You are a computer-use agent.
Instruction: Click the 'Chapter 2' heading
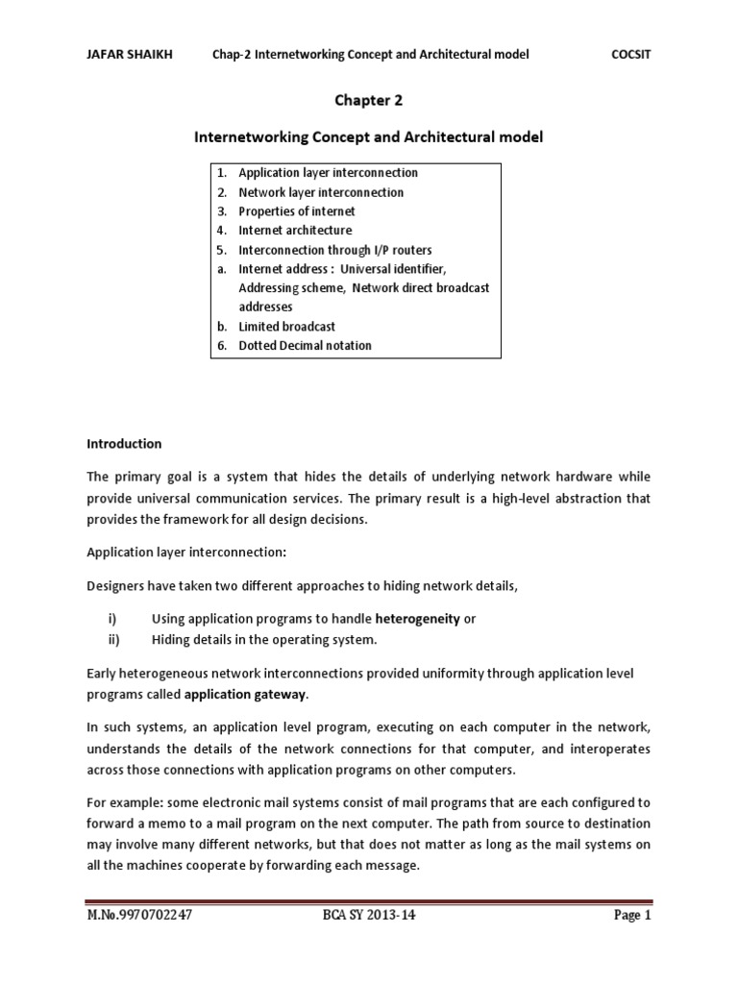pos(368,99)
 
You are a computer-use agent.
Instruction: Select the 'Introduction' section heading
pos(125,444)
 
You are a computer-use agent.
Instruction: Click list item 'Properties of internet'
pos(297,211)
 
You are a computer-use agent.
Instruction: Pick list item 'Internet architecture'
pos(295,231)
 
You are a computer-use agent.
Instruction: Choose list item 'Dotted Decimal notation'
pos(305,346)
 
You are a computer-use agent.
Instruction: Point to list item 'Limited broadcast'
pos(286,327)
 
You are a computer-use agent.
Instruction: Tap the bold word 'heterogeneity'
pos(417,620)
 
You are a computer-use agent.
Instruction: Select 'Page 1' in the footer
pos(633,916)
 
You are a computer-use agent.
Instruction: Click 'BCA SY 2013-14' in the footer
pos(369,916)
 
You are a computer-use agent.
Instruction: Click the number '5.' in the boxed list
pos(221,250)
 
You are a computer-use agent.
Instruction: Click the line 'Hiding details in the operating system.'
pos(264,639)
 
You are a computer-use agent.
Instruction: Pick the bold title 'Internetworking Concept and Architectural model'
pos(368,137)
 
